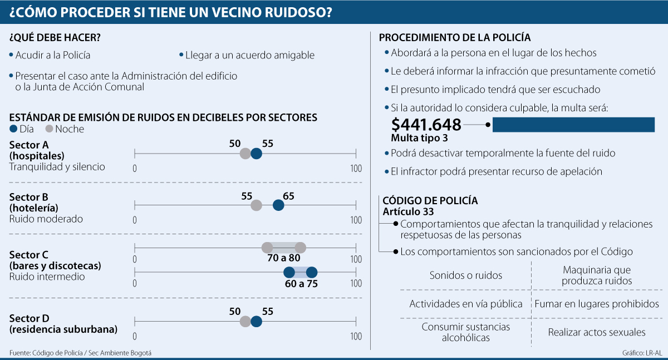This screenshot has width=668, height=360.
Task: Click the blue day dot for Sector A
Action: pos(256,154)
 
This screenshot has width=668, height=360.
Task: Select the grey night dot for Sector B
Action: pos(256,206)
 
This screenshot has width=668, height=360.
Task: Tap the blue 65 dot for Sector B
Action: pos(278,206)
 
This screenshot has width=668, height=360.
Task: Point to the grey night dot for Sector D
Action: pos(245,322)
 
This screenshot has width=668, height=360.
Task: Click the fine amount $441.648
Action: pos(426,124)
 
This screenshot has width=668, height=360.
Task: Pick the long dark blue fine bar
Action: pos(573,125)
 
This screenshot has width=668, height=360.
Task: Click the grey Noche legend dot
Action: pos(49,129)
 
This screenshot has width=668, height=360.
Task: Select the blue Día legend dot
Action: pos(14,129)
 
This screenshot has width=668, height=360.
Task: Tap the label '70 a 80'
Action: pos(284,258)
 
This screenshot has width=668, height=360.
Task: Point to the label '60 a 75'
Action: pos(301,283)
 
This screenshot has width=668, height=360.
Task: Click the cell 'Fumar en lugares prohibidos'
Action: pos(597,304)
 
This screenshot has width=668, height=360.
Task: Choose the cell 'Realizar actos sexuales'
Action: pos(597,332)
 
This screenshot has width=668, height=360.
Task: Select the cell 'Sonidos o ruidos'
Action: pos(466,275)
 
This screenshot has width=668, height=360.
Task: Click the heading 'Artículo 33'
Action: pos(408,211)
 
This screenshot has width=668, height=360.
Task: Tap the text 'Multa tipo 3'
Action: pos(419,137)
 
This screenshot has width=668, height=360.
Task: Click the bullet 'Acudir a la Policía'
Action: pos(52,56)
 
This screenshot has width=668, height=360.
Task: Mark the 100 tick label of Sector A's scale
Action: pos(356,169)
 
